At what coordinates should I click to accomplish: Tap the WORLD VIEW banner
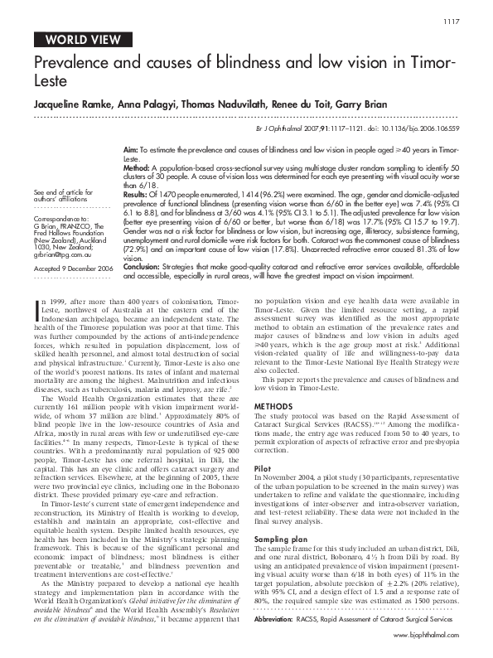[80, 39]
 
